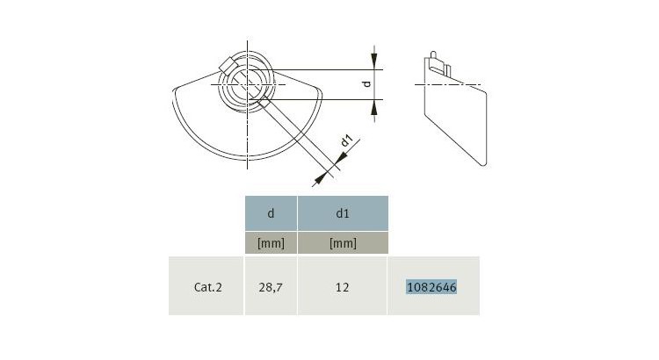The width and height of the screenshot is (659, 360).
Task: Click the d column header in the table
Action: tap(271, 213)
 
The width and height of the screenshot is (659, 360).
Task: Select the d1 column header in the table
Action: tap(342, 213)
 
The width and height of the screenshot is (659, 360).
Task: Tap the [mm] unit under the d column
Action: tap(271, 243)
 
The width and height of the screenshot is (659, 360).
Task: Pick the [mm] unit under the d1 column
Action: tap(342, 243)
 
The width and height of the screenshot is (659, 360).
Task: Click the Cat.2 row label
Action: tap(207, 286)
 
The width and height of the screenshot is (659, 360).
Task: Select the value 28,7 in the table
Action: tap(271, 286)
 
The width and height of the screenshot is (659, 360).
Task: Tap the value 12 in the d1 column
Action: tap(342, 286)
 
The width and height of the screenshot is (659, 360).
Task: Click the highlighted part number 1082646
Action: tap(431, 286)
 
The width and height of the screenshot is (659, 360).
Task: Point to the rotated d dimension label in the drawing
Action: tap(368, 84)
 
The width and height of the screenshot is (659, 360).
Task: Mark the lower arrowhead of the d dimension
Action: tap(376, 106)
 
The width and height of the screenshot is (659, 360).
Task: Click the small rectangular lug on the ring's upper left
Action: tap(228, 65)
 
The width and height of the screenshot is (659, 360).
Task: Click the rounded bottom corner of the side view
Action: tap(481, 162)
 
